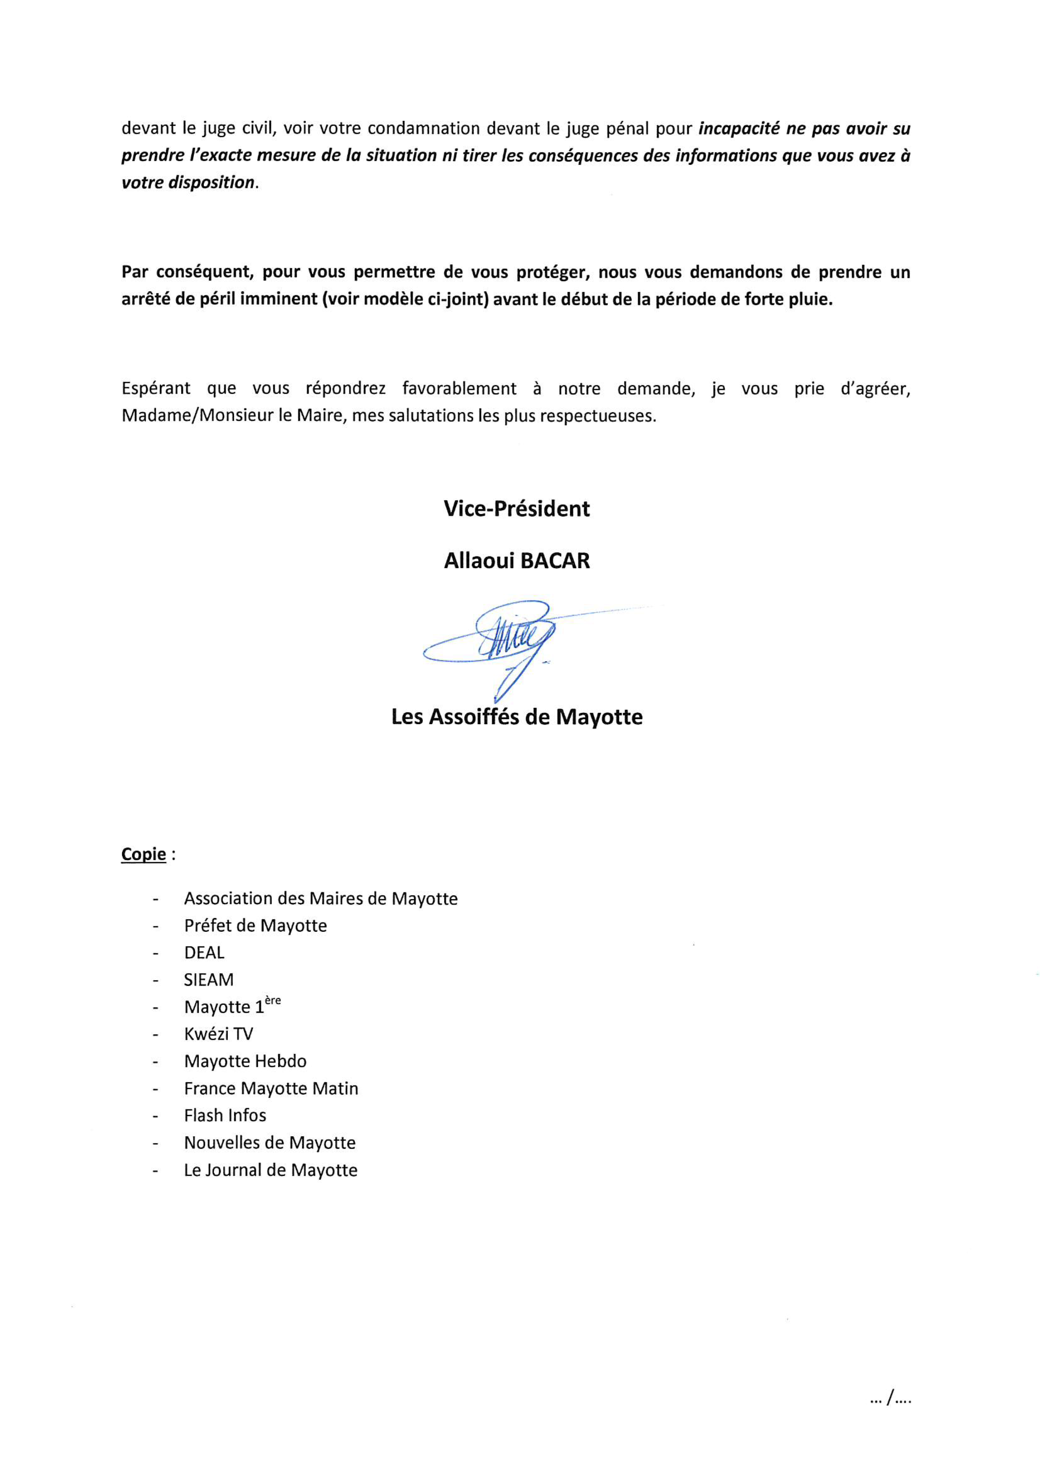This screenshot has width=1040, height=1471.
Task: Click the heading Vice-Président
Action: pos(516,509)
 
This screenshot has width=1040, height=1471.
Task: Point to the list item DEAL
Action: pos(204,953)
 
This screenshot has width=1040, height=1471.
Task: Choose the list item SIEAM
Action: pos(209,980)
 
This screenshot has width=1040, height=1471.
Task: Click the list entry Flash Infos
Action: pos(225,1116)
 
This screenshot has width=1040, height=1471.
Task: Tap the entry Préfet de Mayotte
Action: pos(255,926)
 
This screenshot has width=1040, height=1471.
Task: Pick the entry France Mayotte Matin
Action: pos(271,1088)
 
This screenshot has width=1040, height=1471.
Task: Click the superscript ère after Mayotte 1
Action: pos(273,1001)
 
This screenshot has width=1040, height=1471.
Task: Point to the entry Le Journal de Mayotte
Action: pos(271,1170)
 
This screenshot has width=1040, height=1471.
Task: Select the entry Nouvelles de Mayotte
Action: pos(270,1143)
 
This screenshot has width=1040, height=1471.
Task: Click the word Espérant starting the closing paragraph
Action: pos(156,388)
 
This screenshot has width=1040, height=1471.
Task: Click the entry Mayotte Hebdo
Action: pos(245,1062)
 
